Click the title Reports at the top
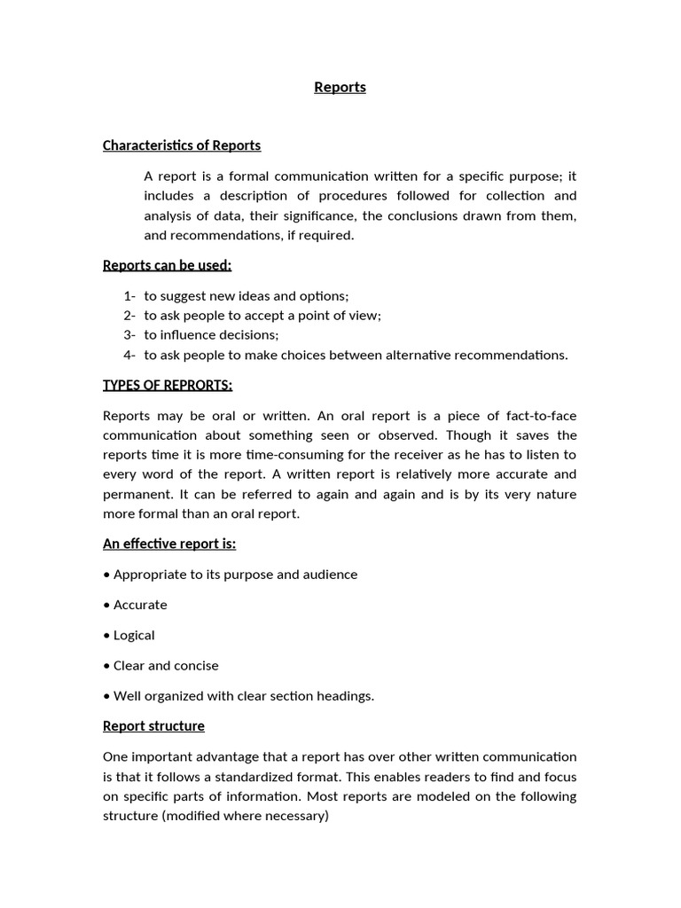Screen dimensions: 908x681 [340, 87]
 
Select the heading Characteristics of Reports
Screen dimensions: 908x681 [182, 145]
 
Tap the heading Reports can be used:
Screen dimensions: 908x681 [167, 265]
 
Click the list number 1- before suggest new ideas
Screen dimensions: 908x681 [129, 296]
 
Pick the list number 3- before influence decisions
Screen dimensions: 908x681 [129, 335]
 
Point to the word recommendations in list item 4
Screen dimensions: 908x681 [510, 355]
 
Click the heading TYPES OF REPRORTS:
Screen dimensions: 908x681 [168, 385]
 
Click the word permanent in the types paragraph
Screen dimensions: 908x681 [134, 494]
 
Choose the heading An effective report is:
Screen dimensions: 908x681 [169, 544]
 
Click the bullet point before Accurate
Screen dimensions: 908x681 [106, 605]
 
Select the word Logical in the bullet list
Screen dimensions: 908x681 [134, 636]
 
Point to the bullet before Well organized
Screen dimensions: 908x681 [106, 696]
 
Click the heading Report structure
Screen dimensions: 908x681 [153, 726]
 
